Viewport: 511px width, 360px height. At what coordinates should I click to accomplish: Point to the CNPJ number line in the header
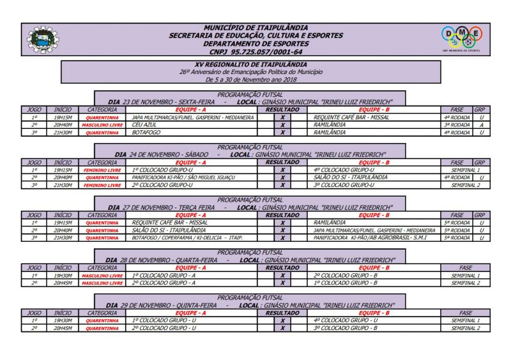(x=256, y=52)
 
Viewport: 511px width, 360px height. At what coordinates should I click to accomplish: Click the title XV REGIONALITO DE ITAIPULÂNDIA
(x=251, y=65)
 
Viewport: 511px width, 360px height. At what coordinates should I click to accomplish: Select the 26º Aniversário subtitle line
(x=251, y=72)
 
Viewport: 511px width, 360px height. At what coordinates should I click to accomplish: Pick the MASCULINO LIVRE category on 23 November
(x=103, y=125)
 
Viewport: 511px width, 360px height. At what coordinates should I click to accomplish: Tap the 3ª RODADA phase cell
(x=457, y=125)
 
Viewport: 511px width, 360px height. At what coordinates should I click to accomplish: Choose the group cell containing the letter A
(x=481, y=125)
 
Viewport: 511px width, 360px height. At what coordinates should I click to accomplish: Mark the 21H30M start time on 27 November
(x=63, y=237)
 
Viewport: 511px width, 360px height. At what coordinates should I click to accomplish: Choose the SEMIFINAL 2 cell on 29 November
(x=465, y=328)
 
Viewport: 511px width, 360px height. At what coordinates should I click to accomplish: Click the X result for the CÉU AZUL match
(x=282, y=125)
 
